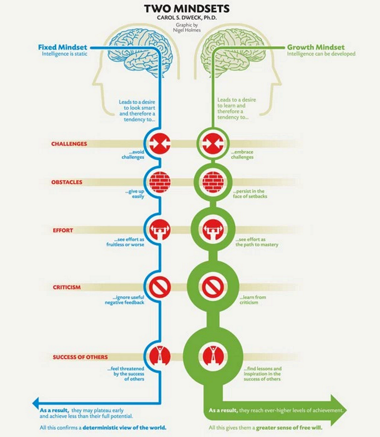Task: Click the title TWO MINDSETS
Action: (187, 9)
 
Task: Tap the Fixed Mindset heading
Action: (63, 47)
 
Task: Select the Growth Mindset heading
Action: (316, 47)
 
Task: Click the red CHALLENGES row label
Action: (69, 144)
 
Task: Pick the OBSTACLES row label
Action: (67, 182)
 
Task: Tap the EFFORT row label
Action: (63, 231)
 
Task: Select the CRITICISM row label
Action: (67, 287)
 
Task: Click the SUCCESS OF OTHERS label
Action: (80, 357)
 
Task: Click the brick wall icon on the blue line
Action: (160, 182)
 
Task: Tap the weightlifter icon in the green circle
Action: (213, 230)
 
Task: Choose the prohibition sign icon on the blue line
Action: (160, 287)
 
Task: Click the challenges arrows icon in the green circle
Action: (213, 144)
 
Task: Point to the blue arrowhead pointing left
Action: (35, 403)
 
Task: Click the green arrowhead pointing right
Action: (339, 410)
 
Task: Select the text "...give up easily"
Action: (135, 194)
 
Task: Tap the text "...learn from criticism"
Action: (253, 300)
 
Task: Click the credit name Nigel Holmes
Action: (187, 30)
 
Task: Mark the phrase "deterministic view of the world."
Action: (124, 427)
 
